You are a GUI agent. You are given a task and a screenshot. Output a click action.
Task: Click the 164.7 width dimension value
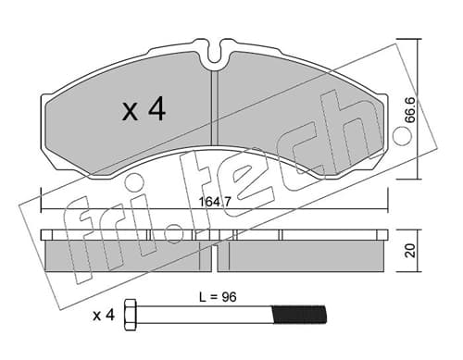click(215, 203)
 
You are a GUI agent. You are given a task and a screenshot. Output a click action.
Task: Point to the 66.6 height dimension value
click(411, 109)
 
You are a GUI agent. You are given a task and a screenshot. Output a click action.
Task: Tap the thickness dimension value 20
click(410, 251)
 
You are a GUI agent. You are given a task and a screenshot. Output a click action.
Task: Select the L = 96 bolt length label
click(218, 297)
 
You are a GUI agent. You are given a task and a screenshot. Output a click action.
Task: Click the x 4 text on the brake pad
click(144, 110)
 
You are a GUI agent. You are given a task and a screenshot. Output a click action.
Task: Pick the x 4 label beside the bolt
click(104, 316)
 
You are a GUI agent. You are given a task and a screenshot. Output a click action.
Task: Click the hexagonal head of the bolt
click(130, 315)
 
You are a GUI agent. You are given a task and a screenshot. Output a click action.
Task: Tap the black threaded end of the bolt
click(299, 315)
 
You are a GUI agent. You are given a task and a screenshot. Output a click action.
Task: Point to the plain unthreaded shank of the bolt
click(205, 315)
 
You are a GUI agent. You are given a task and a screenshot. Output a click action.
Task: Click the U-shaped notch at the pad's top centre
click(215, 53)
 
